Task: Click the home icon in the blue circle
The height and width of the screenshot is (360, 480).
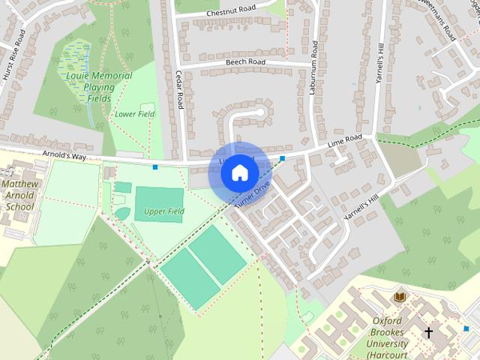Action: (239, 173)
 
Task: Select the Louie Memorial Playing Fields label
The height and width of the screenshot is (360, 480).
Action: (99, 87)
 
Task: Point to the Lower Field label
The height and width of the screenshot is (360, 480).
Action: (135, 114)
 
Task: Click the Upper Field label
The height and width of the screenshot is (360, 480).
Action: (164, 211)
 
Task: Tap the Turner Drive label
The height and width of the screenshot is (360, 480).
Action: (251, 194)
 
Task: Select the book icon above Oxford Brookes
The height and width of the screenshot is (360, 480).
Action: (400, 298)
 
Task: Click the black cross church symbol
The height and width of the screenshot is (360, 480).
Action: (429, 331)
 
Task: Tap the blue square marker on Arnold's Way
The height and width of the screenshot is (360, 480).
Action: (155, 166)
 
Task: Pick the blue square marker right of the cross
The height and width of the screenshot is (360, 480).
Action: (466, 328)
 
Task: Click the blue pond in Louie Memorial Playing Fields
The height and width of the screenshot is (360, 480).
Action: (76, 57)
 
